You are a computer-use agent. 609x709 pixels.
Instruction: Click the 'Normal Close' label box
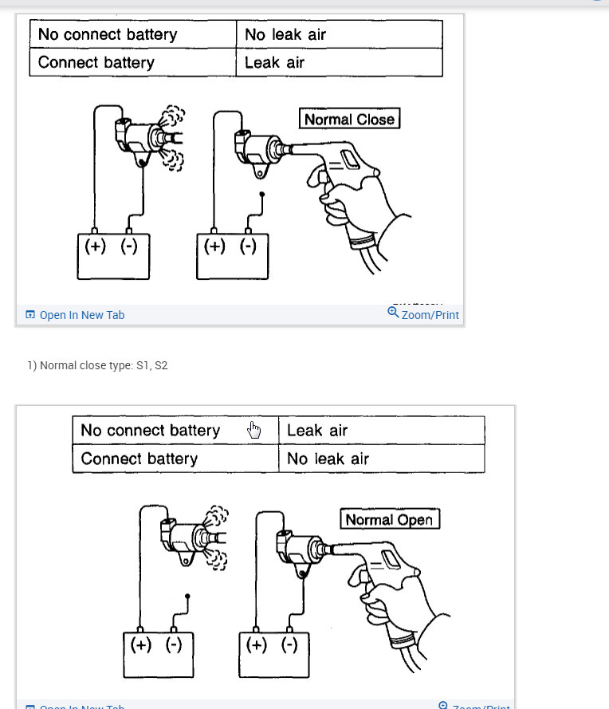click(349, 120)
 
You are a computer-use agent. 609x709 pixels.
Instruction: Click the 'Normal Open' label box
click(390, 520)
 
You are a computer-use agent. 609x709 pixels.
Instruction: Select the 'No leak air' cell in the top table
click(339, 34)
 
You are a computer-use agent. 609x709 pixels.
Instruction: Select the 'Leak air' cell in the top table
click(339, 62)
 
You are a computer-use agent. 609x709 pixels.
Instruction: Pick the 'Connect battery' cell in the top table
click(132, 62)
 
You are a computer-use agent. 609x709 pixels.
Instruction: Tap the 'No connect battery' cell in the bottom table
click(175, 431)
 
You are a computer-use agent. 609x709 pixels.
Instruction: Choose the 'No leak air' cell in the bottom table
click(381, 459)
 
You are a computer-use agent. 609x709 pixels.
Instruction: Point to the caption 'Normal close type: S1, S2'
click(97, 365)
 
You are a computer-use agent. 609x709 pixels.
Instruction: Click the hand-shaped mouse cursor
click(254, 431)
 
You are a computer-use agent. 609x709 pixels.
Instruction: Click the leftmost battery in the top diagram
click(112, 256)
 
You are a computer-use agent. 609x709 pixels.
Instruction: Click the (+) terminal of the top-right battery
click(214, 246)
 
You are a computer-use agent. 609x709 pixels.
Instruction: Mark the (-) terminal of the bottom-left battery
click(174, 644)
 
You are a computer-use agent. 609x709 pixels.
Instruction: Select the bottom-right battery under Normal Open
click(274, 654)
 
